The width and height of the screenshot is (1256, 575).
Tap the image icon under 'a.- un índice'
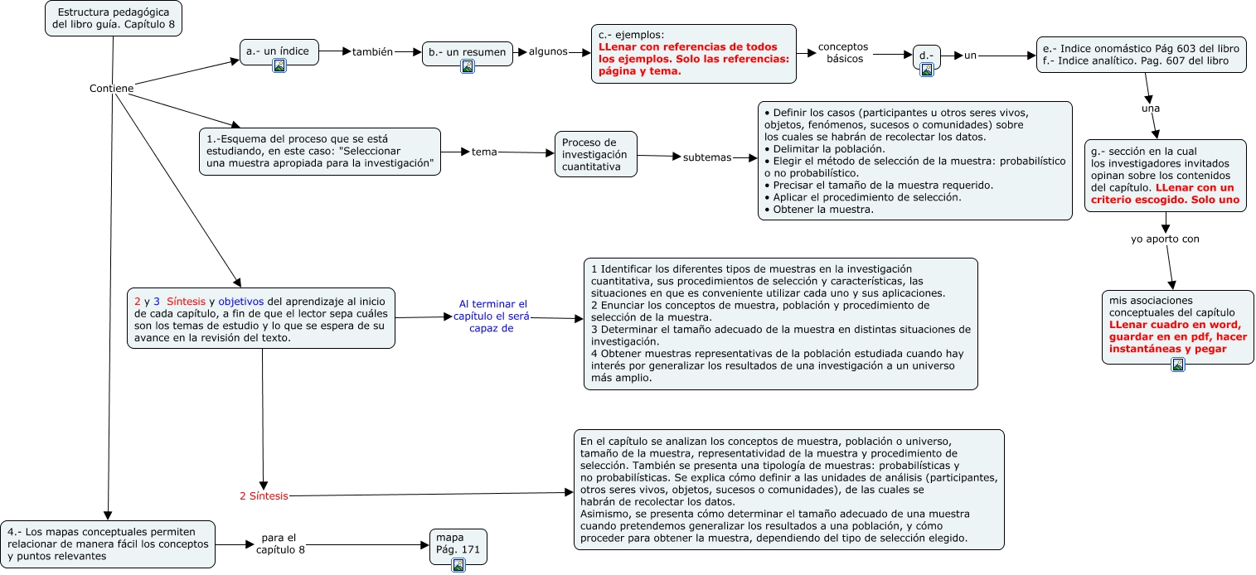click(279, 65)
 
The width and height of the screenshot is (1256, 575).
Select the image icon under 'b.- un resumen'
click(468, 66)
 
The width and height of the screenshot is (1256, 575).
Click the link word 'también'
click(372, 51)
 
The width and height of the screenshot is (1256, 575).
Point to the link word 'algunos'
click(548, 51)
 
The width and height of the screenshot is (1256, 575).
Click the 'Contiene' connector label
click(111, 89)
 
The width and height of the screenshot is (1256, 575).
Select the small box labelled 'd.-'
click(926, 56)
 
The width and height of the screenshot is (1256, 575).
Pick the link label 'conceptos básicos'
click(842, 53)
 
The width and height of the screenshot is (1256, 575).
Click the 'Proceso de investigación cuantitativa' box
click(595, 154)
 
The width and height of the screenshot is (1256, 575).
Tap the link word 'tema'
click(484, 152)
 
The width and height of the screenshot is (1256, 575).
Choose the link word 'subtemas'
click(707, 157)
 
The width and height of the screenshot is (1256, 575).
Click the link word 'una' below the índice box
click(1151, 108)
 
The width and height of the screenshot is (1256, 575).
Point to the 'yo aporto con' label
click(1165, 239)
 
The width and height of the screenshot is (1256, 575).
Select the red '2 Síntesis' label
click(264, 496)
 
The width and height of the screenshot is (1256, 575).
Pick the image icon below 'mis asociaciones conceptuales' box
click(1177, 365)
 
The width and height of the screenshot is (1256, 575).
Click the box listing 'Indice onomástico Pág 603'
click(1141, 55)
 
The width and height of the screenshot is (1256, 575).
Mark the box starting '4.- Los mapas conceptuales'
click(109, 544)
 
